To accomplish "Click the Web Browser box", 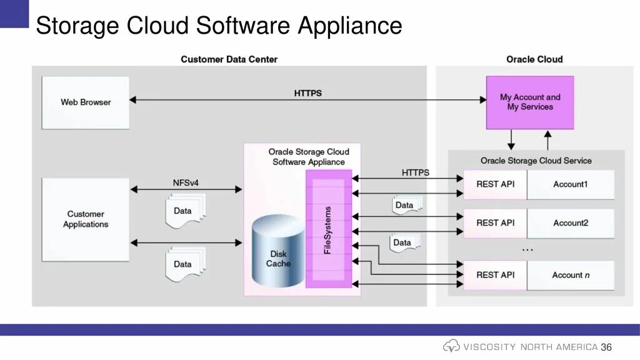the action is (86, 103).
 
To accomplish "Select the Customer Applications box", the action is (86, 219).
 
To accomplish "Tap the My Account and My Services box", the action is (530, 102).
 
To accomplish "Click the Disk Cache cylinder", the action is (278, 251).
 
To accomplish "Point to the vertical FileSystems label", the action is (327, 230).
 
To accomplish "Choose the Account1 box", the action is (571, 184).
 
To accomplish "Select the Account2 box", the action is (571, 223).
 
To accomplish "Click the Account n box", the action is (571, 276).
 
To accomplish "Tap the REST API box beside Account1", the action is (495, 184).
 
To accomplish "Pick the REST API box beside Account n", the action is (495, 276).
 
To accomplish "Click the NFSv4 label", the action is (186, 183).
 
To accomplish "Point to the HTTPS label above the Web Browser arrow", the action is (307, 93).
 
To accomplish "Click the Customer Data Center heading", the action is (229, 59).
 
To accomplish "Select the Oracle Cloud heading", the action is (534, 59).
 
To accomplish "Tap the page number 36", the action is (606, 347).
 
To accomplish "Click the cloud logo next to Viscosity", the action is (451, 346).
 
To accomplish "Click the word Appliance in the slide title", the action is (350, 26).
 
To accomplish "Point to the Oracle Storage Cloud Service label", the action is (536, 161).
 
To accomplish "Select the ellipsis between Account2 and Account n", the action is (527, 250).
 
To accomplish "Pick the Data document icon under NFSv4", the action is (185, 211).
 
